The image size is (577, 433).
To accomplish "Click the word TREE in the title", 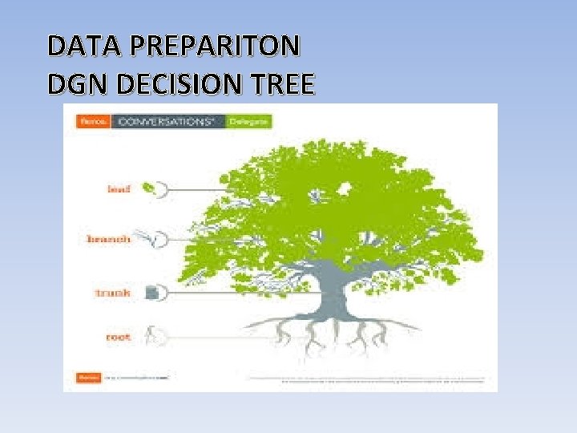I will [281, 83].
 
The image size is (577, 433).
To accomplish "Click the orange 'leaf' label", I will [120, 188].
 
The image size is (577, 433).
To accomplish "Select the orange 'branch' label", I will [108, 239].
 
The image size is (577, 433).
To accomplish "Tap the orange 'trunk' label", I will [113, 293].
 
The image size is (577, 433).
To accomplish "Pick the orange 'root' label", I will [118, 337].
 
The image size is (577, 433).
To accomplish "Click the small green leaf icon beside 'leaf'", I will [149, 188].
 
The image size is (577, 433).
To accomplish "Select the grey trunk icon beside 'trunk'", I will [151, 293].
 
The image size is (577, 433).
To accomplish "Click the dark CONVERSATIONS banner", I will [167, 122].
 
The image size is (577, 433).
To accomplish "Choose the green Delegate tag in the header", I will [248, 122].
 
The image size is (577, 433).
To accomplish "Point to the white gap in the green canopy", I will [346, 188].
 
